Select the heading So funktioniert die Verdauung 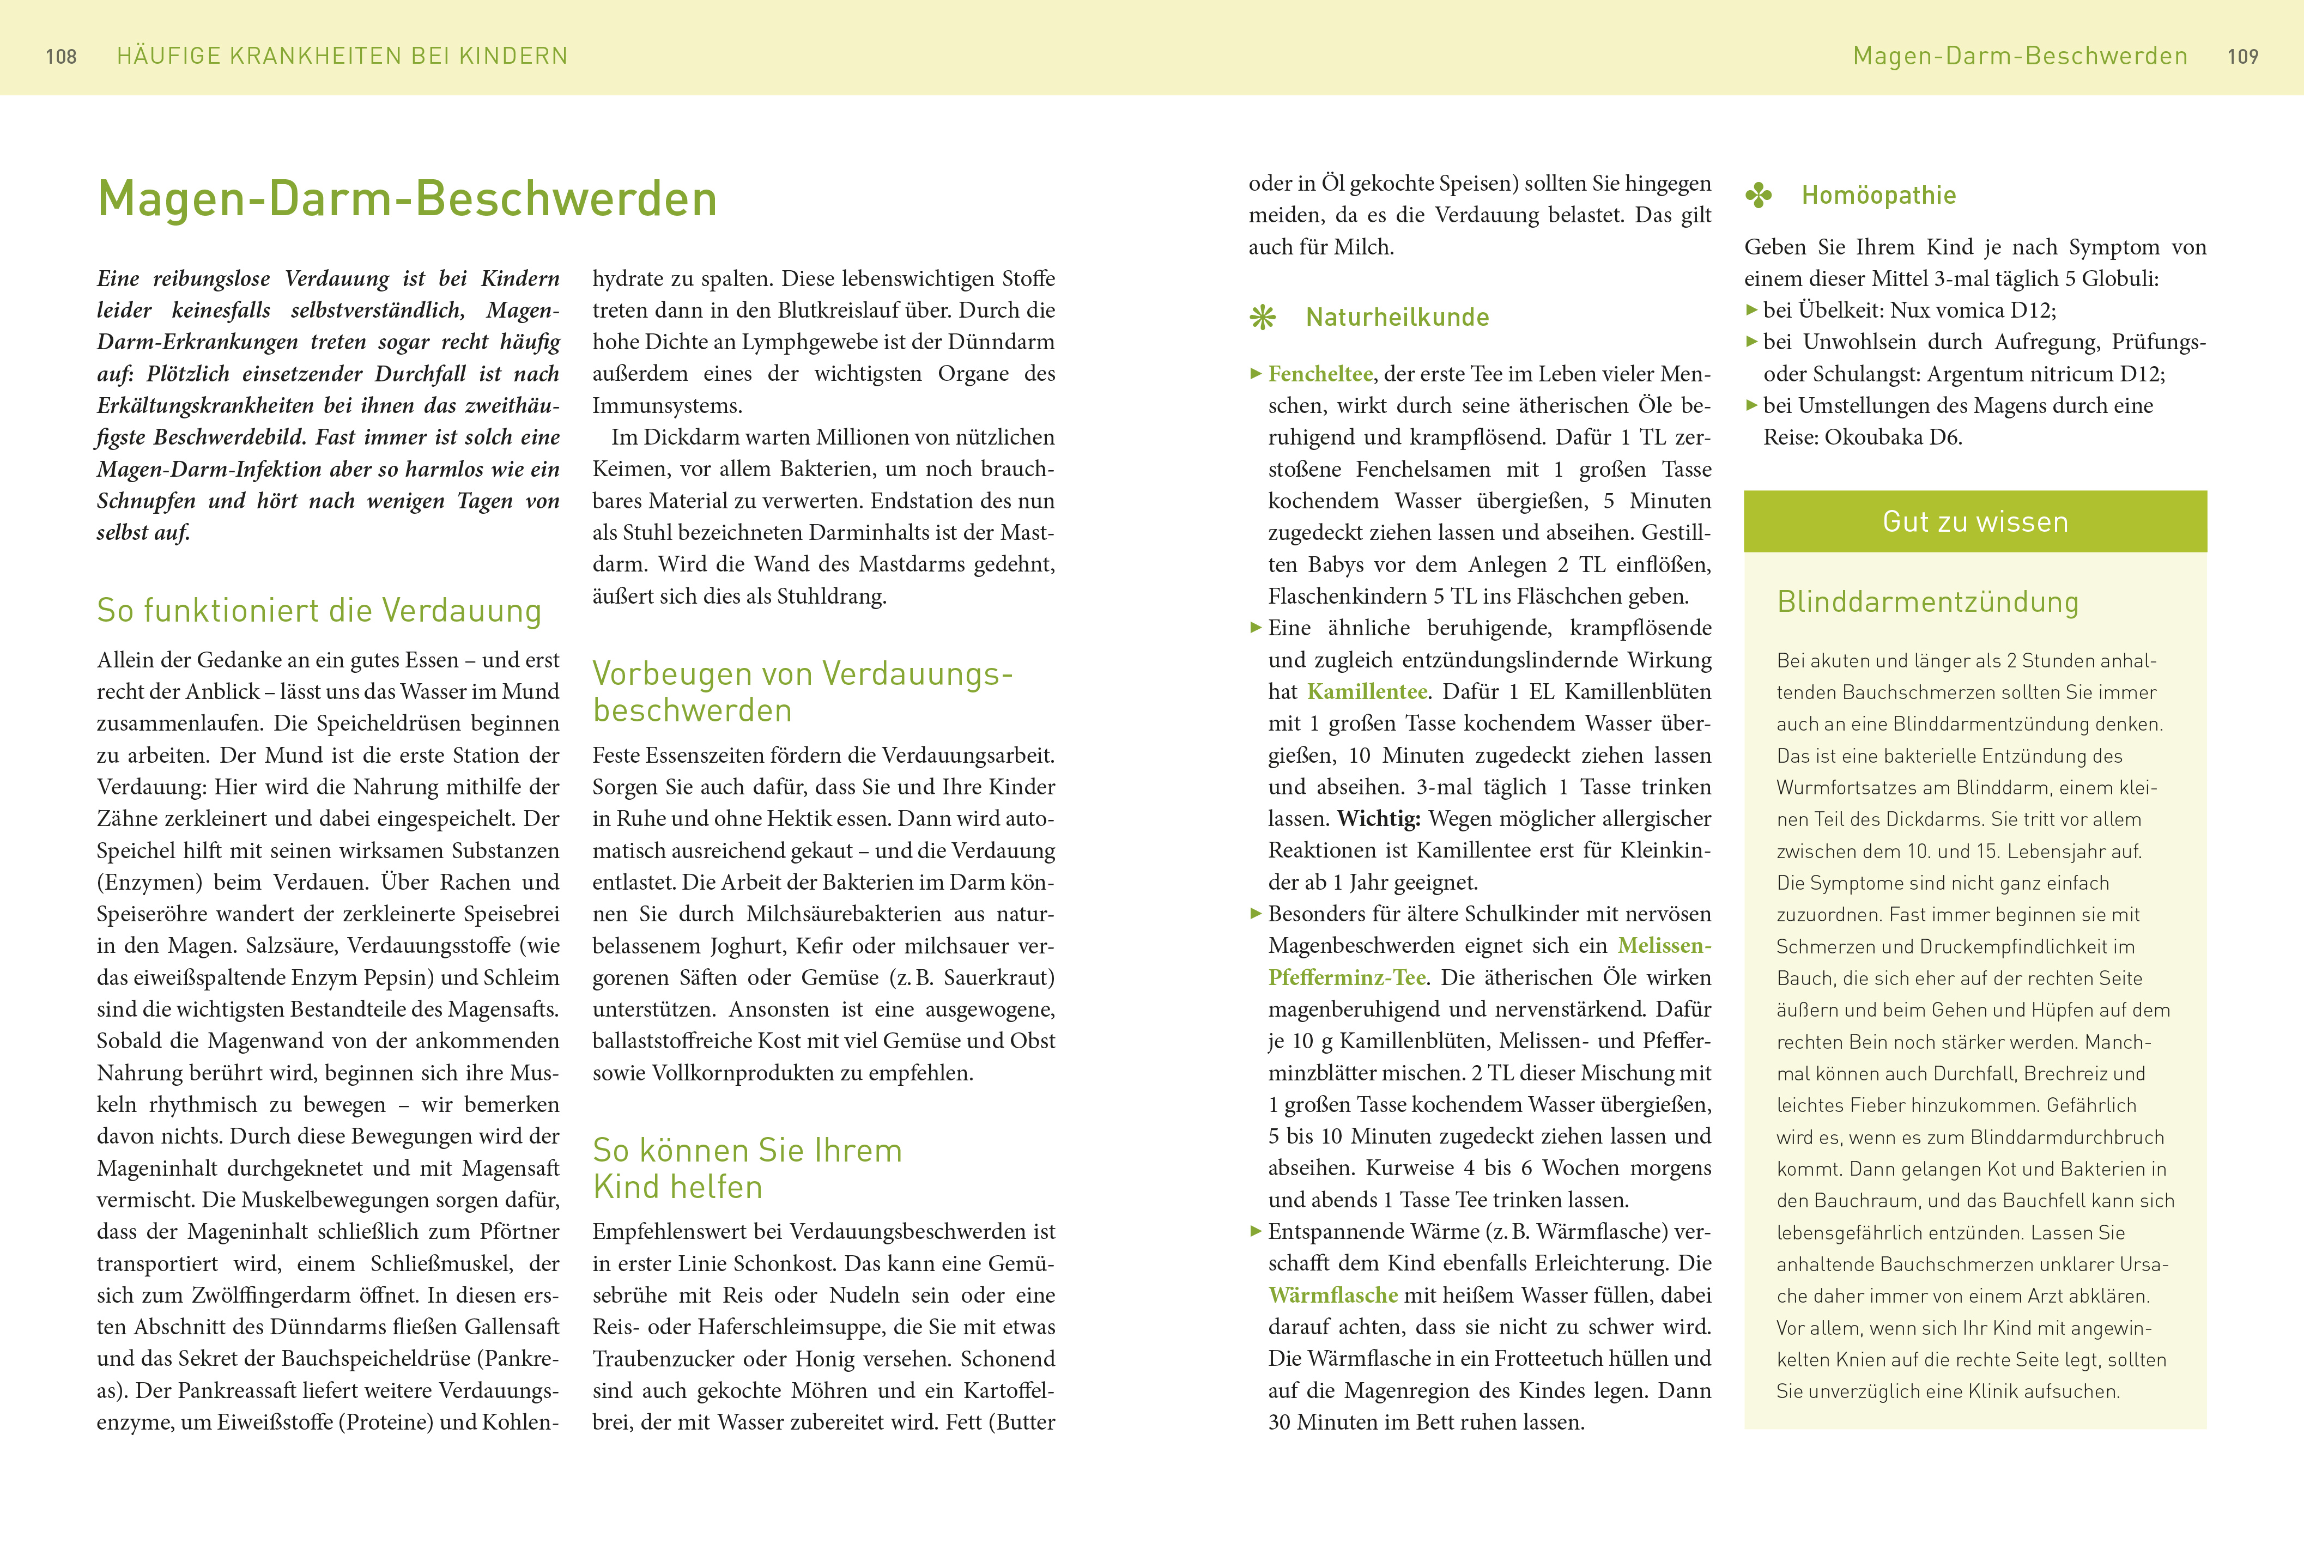coord(319,611)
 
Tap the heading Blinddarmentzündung coord(1927,601)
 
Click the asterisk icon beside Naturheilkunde coord(1262,317)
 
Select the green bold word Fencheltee coord(1319,374)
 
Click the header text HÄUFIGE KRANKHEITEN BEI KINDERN coord(342,56)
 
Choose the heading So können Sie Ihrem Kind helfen coord(747,1168)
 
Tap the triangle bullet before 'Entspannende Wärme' coord(1256,1231)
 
